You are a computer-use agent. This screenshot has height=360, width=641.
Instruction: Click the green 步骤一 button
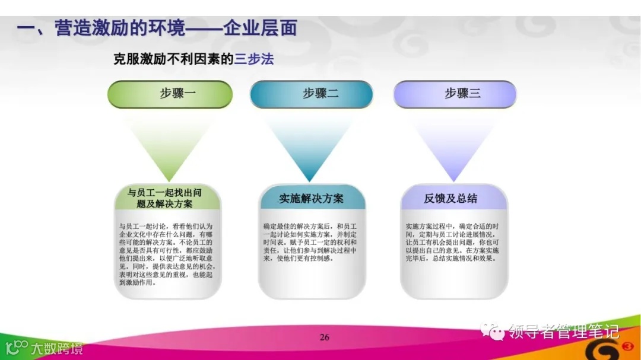click(x=170, y=94)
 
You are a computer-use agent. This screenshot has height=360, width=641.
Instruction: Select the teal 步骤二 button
click(x=311, y=94)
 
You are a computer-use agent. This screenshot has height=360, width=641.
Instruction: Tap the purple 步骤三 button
click(x=455, y=94)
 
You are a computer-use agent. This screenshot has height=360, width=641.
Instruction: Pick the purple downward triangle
click(x=453, y=148)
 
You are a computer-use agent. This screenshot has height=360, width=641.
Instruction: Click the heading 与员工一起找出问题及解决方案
click(x=168, y=198)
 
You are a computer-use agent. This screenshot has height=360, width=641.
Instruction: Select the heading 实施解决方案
click(x=312, y=198)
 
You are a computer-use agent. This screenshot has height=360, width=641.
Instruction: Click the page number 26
click(x=324, y=337)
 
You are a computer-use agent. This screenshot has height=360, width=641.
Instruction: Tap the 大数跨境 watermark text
click(x=57, y=348)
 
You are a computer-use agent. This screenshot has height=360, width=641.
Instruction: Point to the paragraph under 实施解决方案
click(x=311, y=242)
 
